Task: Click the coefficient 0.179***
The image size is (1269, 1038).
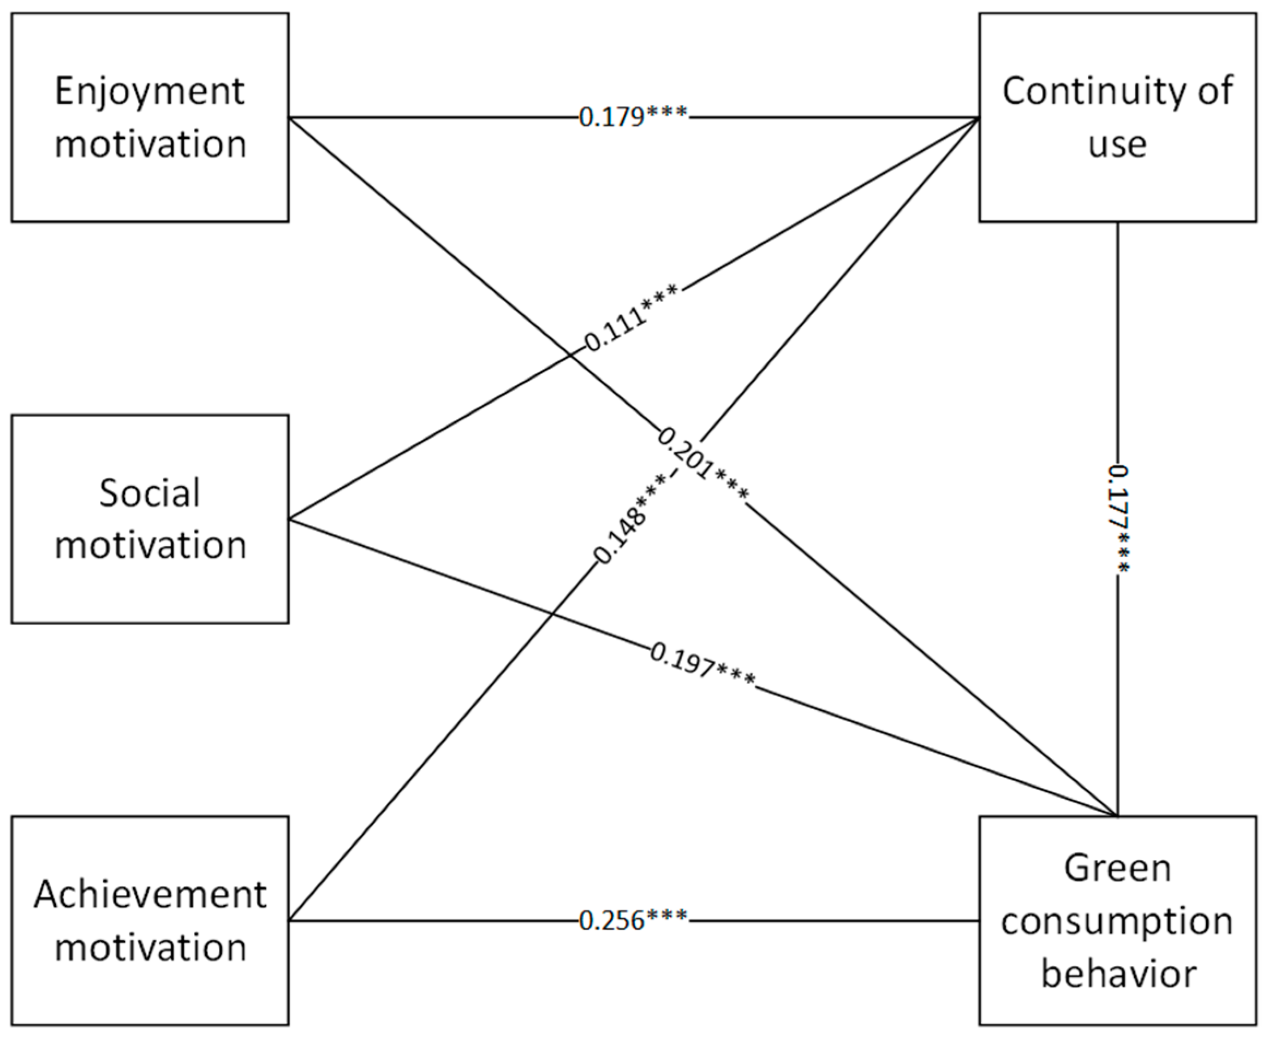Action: [633, 116]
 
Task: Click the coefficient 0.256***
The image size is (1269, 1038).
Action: [633, 920]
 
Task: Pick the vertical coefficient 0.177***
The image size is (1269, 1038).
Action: [1118, 519]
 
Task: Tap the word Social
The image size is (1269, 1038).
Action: [150, 494]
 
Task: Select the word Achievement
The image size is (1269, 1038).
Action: [150, 895]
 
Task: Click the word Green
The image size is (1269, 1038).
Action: [1117, 868]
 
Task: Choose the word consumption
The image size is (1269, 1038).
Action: [1117, 922]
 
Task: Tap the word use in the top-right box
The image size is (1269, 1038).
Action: [1117, 145]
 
